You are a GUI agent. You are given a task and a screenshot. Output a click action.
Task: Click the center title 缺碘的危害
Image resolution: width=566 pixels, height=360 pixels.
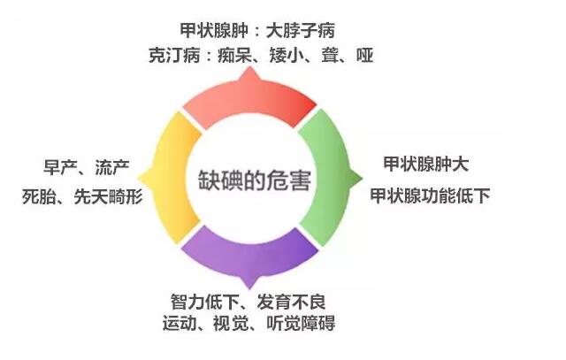pyautogui.click(x=255, y=180)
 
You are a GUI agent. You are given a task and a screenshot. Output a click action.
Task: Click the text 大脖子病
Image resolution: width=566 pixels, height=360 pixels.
pyautogui.click(x=301, y=30)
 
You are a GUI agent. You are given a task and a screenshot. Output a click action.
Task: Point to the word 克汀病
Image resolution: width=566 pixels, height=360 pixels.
pyautogui.click(x=174, y=56)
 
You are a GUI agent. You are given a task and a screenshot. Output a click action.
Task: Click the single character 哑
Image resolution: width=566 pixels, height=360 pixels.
pyautogui.click(x=364, y=56)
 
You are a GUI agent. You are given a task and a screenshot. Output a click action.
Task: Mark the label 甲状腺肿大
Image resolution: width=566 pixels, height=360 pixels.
pyautogui.click(x=426, y=165)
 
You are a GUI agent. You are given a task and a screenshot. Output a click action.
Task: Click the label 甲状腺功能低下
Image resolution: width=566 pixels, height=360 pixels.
pyautogui.click(x=430, y=195)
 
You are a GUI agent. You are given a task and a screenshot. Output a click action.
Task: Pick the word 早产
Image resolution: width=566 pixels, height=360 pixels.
pyautogui.click(x=60, y=167)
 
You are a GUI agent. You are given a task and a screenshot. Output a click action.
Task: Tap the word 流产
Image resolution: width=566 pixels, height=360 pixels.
pyautogui.click(x=112, y=167)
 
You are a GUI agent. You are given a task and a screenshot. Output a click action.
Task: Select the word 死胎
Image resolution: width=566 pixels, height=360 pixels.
pyautogui.click(x=39, y=196)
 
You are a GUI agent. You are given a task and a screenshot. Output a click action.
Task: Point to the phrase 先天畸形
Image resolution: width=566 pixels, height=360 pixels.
pyautogui.click(x=108, y=196)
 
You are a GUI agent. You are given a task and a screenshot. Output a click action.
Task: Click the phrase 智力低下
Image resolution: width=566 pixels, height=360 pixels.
pyautogui.click(x=204, y=302)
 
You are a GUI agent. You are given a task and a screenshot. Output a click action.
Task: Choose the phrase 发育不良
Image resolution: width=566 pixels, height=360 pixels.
pyautogui.click(x=291, y=302)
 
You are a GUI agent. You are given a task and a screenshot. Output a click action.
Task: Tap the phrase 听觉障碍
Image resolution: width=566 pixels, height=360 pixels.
pyautogui.click(x=301, y=323)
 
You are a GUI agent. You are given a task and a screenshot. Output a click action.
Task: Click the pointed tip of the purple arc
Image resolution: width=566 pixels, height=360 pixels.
pyautogui.click(x=249, y=289)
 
